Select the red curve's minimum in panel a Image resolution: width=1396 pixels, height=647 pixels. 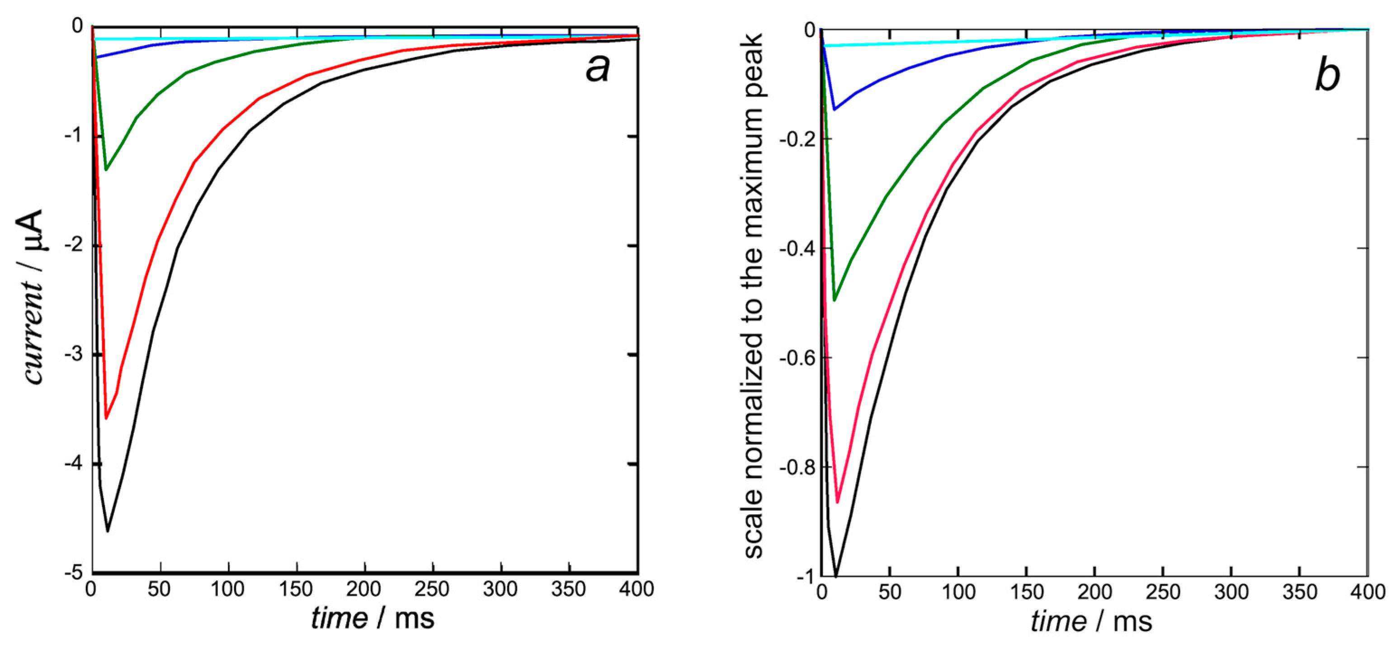106,418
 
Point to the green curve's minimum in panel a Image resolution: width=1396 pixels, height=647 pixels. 106,170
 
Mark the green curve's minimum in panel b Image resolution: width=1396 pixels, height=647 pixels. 835,300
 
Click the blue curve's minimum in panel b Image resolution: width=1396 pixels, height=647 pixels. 835,109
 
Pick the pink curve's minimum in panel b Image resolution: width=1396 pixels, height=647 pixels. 837,502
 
